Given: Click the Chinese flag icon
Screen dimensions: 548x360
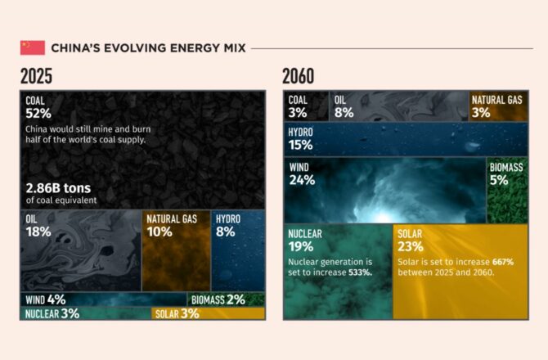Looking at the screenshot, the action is tap(33, 48).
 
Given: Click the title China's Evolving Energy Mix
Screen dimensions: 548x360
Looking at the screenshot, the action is tap(149, 48).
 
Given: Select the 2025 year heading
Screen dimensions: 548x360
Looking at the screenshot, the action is tap(36, 76).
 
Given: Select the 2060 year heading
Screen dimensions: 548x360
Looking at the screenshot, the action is tap(298, 76).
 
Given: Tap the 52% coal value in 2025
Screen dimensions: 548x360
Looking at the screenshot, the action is tap(38, 114).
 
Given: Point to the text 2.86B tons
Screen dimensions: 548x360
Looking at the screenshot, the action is tap(58, 188).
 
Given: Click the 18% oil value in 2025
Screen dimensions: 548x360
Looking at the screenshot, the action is tap(38, 232).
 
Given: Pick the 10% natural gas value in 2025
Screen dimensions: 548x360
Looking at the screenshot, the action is tap(159, 232).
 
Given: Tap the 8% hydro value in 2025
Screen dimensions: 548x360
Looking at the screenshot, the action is tap(226, 232).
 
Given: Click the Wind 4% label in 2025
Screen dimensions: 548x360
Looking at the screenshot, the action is tap(46, 299).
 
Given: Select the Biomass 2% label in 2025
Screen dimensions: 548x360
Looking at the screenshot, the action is tap(218, 299).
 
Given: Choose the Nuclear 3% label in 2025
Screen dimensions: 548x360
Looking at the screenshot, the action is tap(52, 313).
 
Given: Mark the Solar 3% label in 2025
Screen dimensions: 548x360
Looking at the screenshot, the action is tap(177, 313).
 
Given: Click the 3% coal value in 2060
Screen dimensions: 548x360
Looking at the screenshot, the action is tap(298, 113).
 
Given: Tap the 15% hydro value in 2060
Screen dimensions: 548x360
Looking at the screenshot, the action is tap(300, 145).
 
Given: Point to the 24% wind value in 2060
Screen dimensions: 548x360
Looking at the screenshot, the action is tap(303, 180).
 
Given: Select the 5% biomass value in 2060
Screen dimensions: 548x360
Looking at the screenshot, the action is tap(499, 180).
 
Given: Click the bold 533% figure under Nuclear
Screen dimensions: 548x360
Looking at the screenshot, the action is tap(361, 272).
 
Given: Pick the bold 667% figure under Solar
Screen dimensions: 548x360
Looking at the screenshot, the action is tap(503, 262).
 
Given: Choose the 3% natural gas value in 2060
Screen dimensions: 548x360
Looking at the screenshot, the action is tap(481, 113).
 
